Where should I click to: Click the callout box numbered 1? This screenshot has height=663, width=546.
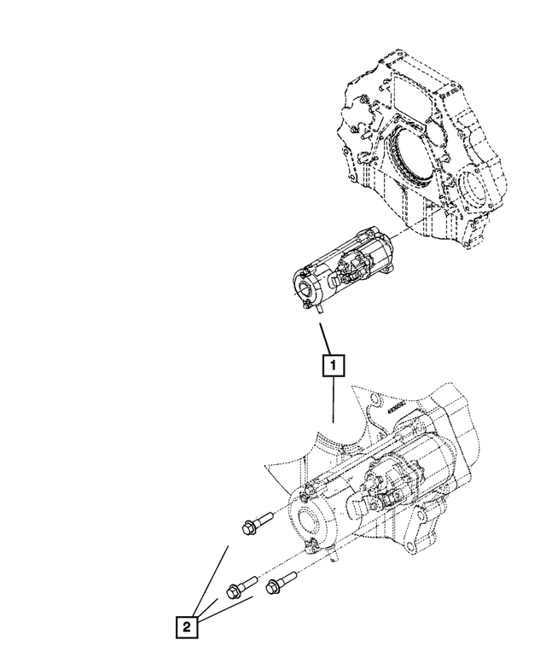click(x=333, y=365)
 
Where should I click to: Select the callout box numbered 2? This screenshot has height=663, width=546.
click(x=187, y=627)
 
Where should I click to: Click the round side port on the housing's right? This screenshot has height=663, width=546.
click(x=472, y=189)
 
